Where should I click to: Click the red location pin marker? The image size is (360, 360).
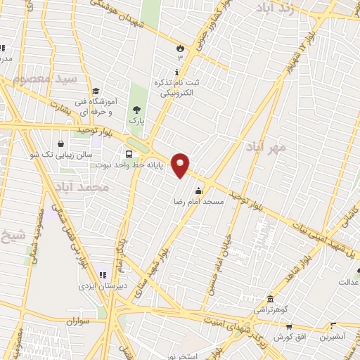(181, 165)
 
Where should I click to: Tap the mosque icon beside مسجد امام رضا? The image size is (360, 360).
(199, 190)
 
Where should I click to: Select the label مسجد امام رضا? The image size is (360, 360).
(199, 202)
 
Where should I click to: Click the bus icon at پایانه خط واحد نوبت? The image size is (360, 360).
(129, 155)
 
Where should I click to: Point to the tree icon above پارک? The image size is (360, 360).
(136, 110)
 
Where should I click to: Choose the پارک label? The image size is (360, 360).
(136, 121)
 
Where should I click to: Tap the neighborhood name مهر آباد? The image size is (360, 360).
(263, 148)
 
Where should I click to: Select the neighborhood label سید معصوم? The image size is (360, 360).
(49, 79)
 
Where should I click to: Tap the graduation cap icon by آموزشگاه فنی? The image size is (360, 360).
(96, 90)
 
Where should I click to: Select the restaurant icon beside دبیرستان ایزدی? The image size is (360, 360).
(102, 275)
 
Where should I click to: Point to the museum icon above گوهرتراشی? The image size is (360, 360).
(270, 298)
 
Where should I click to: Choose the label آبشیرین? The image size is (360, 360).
(333, 337)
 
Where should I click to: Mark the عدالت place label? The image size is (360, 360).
(347, 283)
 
